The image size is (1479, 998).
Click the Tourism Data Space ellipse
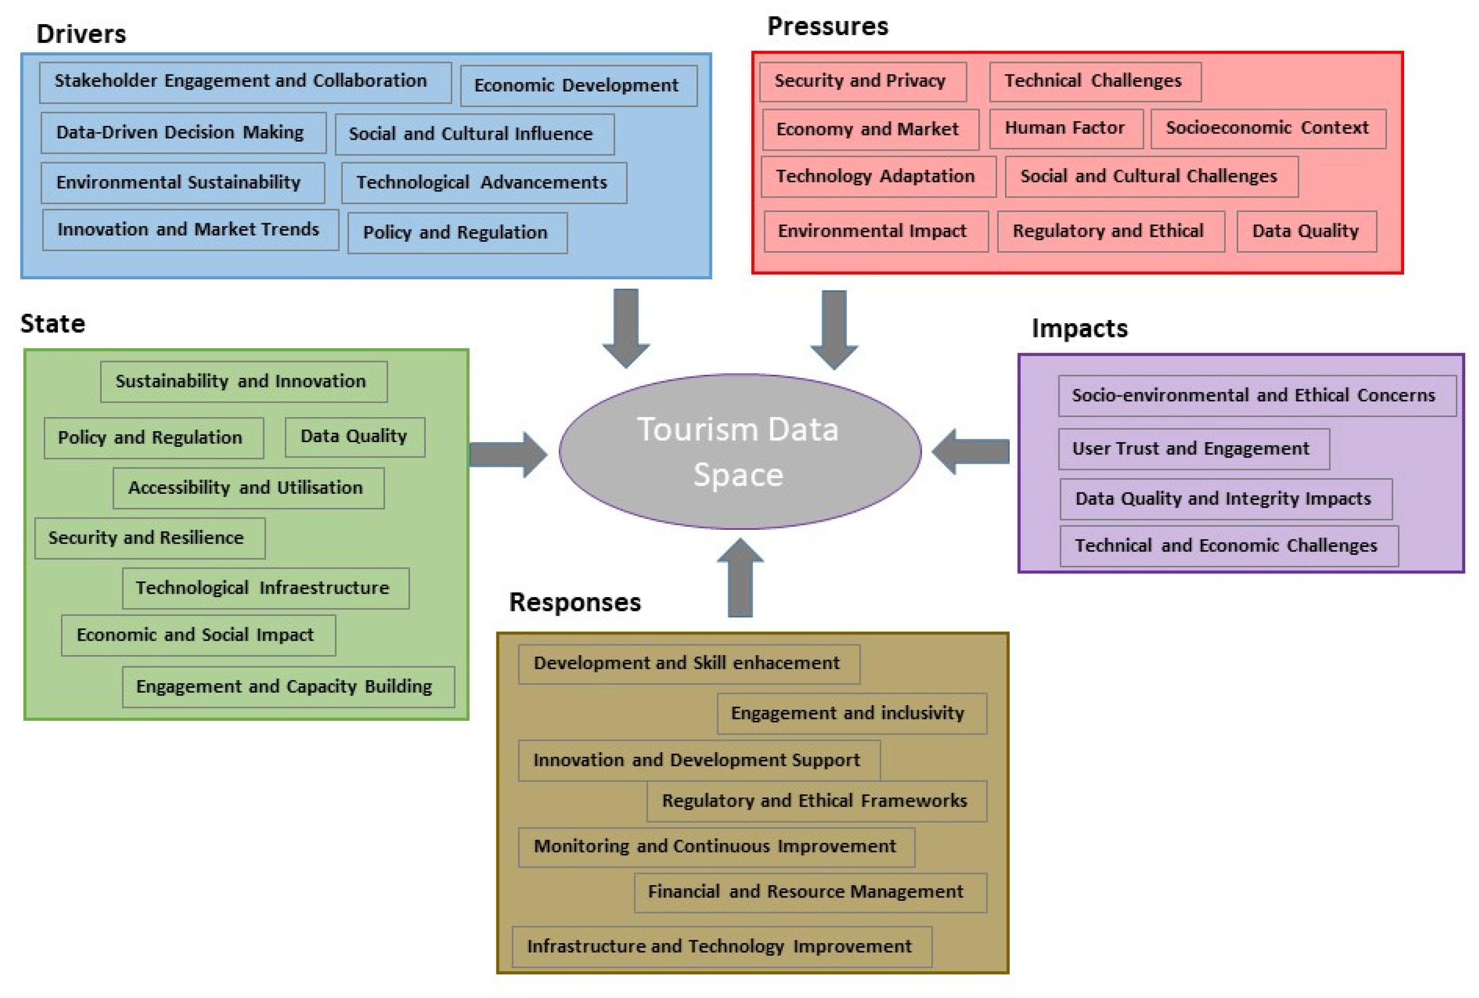click(x=739, y=451)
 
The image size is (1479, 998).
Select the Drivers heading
click(x=81, y=34)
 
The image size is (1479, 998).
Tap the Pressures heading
click(x=827, y=26)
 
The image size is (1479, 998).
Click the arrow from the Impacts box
click(x=970, y=452)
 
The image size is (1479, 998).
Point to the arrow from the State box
click(x=508, y=454)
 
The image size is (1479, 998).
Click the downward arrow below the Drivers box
click(x=626, y=327)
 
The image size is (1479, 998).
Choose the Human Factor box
click(x=1065, y=128)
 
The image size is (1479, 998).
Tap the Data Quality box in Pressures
click(x=1306, y=231)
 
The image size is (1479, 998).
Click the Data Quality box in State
click(x=355, y=436)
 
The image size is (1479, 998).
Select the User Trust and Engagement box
click(x=1193, y=448)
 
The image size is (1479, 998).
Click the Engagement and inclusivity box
click(x=851, y=713)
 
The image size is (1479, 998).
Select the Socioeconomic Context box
click(x=1268, y=128)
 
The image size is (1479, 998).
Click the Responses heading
click(x=575, y=602)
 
